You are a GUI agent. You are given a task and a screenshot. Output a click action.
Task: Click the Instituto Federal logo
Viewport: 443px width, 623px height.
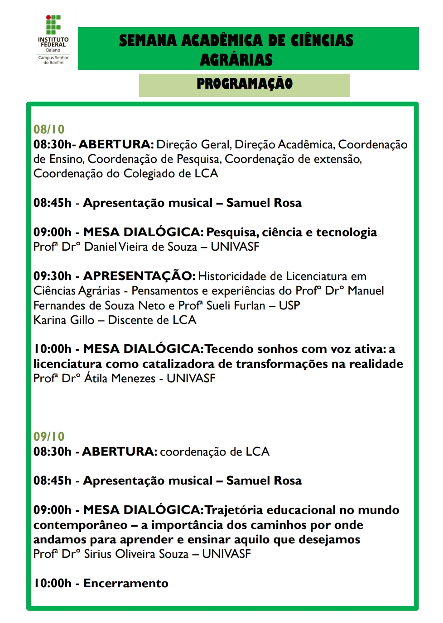53,40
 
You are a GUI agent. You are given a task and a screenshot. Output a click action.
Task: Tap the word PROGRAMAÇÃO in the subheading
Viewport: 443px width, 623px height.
245,84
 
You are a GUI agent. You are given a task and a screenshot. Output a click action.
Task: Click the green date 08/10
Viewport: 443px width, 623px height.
49,129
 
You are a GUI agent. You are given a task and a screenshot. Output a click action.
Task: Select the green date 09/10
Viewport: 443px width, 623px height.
49,437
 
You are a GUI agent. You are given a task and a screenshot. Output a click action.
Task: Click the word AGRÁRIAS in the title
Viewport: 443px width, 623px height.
236,60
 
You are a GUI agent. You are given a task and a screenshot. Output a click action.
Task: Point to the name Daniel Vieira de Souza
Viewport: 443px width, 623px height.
141,247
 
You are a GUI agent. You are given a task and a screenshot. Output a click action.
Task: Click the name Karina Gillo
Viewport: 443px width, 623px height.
64,320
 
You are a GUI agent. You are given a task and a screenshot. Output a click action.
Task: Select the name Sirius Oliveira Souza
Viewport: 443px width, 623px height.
136,554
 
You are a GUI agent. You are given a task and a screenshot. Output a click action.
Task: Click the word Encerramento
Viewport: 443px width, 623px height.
126,584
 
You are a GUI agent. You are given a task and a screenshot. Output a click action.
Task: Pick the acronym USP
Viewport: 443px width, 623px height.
289,306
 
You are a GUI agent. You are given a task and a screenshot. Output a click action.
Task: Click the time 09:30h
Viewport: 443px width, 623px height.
53,276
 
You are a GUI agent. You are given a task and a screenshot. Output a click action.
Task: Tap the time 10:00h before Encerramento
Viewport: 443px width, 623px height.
53,584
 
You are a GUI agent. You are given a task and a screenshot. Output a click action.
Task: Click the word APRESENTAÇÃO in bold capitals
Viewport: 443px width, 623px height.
139,276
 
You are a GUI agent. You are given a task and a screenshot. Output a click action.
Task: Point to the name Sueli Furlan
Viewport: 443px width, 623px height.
236,306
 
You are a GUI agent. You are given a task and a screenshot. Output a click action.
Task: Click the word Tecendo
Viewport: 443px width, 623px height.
229,349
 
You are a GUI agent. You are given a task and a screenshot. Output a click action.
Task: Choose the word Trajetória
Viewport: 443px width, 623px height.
234,510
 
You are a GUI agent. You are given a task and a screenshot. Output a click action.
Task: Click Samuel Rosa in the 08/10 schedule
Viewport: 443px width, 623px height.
264,203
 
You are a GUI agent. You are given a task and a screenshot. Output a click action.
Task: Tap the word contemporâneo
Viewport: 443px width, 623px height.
80,525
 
